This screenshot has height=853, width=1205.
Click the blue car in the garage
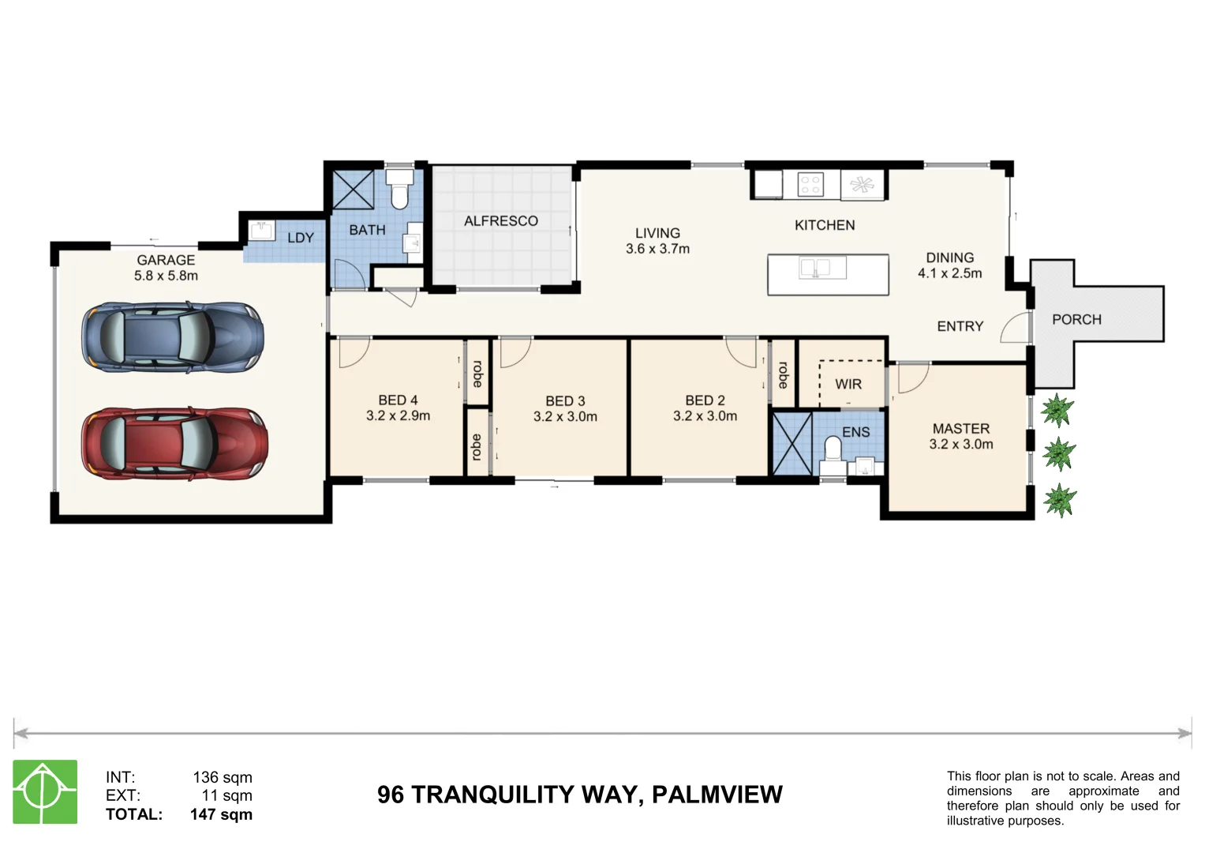coord(173,337)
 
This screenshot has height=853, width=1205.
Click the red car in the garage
coord(174,444)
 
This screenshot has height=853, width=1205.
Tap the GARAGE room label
coord(166,260)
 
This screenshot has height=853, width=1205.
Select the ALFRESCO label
coord(500,221)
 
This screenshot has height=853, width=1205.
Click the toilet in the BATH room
coord(400,190)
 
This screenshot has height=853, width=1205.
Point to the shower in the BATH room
coord(353,189)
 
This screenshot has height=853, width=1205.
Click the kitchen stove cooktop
coord(810,185)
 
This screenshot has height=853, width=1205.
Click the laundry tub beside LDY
coord(260,231)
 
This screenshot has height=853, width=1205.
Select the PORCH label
coord(1076,319)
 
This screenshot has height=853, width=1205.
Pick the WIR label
coord(848,384)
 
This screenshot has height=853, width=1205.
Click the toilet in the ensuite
coord(833,451)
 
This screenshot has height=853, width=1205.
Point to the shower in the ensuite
coord(791,443)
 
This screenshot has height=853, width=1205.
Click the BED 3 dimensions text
coord(565,416)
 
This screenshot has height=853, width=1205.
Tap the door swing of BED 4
coord(353,352)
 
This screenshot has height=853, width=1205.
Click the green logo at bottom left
coord(45,791)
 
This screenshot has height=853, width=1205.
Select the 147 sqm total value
coord(221,814)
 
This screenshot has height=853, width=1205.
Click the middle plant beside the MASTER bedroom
coord(1058,454)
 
